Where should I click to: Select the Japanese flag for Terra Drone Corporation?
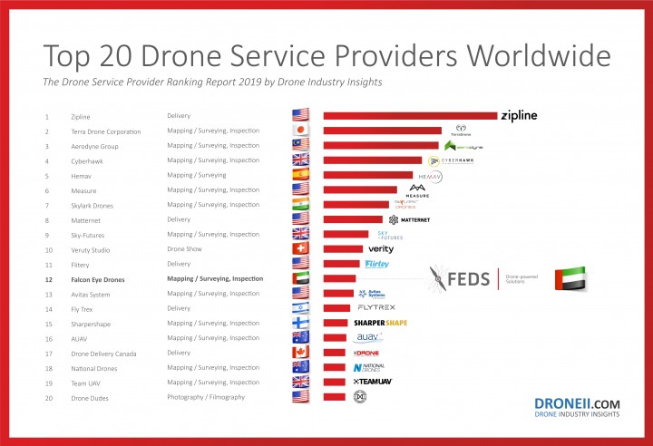click(301, 131)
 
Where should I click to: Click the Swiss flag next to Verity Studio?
click(301, 249)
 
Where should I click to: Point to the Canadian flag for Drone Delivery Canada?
click(301, 353)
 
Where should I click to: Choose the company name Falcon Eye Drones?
click(98, 279)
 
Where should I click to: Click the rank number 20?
click(47, 397)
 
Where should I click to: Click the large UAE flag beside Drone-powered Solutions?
click(570, 279)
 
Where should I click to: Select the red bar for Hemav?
click(367, 175)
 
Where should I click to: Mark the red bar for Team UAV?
click(336, 383)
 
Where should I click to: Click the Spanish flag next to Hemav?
click(301, 175)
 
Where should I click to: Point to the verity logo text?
click(381, 248)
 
